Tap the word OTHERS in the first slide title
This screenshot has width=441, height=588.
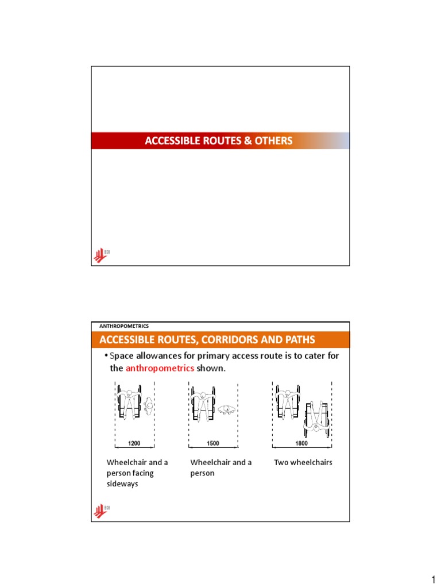click(x=273, y=141)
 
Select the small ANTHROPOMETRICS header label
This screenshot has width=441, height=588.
click(x=124, y=326)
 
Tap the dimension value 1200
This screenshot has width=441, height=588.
click(x=134, y=444)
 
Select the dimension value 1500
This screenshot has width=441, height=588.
click(x=213, y=444)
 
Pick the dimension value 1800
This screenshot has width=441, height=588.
click(x=301, y=444)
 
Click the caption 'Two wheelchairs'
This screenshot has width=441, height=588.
click(x=303, y=462)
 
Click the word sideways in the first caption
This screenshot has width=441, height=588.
click(x=123, y=484)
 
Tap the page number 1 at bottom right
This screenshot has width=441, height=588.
click(x=434, y=580)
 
